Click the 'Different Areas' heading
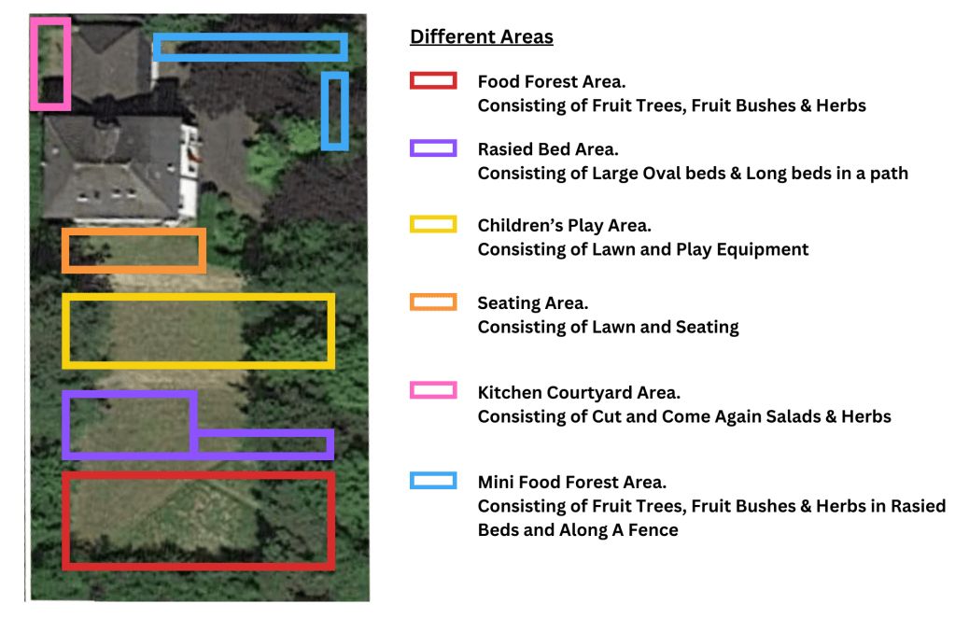[481, 36]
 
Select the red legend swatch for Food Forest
[433, 80]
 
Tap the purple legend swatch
[433, 147]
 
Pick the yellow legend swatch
[433, 224]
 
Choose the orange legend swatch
[433, 302]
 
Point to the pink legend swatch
[433, 390]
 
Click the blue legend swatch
[433, 481]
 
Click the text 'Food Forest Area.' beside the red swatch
[551, 81]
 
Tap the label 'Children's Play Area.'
[564, 226]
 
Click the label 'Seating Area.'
[532, 303]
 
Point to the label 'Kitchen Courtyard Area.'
[579, 393]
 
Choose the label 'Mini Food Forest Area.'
[572, 483]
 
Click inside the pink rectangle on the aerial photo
[50, 63]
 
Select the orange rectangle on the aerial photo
[133, 232]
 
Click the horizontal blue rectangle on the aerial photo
[250, 36]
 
